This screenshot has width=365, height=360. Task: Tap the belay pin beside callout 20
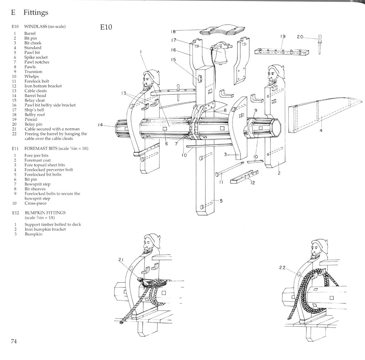(x=320, y=44)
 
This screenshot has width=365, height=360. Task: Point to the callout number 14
(x=100, y=125)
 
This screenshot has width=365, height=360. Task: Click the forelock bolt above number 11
(x=229, y=168)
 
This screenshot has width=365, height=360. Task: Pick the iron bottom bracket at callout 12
(x=244, y=177)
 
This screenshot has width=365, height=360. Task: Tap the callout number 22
(x=282, y=268)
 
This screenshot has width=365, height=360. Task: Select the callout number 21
(x=121, y=260)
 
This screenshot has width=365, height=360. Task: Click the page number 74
(x=14, y=341)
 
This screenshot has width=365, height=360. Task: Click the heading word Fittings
(x=36, y=12)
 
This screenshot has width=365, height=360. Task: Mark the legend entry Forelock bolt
(x=37, y=81)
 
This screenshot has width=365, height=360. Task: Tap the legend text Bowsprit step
(x=37, y=184)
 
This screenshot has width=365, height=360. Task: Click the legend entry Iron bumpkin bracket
(x=45, y=229)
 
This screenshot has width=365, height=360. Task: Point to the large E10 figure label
(x=106, y=27)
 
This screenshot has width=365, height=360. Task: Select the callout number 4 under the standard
(x=321, y=130)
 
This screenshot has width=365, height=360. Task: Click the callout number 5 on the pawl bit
(x=221, y=200)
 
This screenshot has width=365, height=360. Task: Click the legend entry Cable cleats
(x=36, y=91)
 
